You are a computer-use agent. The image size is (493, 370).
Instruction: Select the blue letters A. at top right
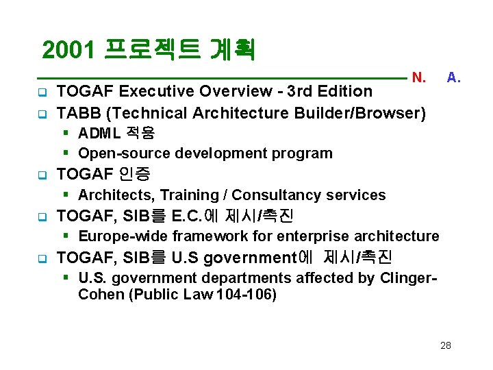coord(453,77)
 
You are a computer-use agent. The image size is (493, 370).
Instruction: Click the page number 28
coord(446,345)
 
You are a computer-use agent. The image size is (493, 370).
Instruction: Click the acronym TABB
coord(77,112)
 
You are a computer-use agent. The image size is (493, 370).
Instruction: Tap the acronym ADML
coord(97,133)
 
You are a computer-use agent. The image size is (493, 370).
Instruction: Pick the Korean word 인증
coord(134,174)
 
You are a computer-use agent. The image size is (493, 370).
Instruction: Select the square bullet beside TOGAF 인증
coord(42,175)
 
